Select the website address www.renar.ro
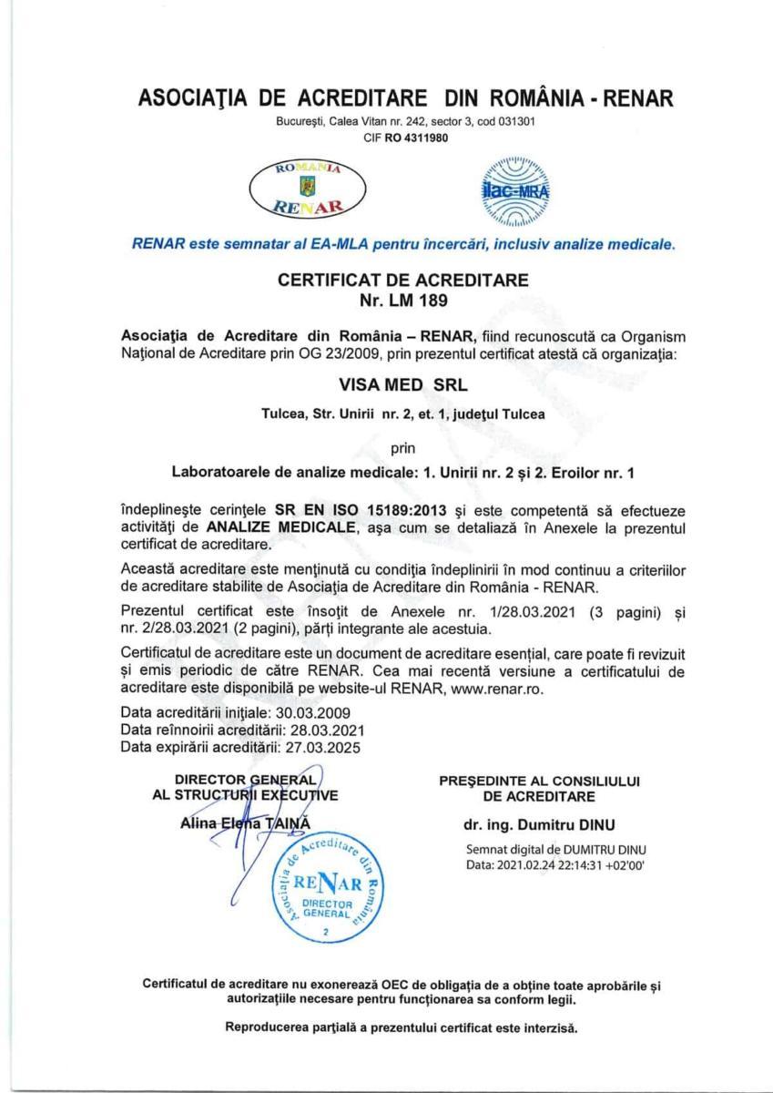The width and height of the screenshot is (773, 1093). [x=496, y=690]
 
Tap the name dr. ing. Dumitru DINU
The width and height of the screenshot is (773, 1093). [x=539, y=826]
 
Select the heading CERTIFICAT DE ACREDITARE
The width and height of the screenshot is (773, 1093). [x=402, y=281]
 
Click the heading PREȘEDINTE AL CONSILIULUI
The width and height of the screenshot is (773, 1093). [x=540, y=781]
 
